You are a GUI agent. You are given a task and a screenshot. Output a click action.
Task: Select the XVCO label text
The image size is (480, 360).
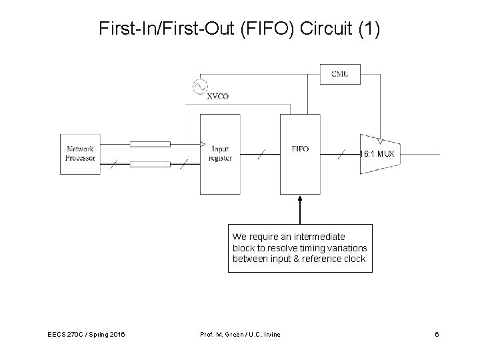pos(217,96)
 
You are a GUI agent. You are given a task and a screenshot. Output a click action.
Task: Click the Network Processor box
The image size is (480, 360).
pos(80,153)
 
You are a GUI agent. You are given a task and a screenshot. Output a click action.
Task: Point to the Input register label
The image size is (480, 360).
pos(221,153)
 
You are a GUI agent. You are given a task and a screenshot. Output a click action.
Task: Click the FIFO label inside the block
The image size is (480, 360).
pos(300,149)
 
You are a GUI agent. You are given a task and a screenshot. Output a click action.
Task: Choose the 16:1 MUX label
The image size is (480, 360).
pos(377,154)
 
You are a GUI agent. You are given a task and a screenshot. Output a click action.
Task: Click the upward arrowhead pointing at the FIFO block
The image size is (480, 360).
pos(300,199)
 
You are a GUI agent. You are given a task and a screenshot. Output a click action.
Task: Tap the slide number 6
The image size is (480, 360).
pos(436,333)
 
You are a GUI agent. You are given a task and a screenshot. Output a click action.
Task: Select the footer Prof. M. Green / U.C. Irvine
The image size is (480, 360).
pos(240,333)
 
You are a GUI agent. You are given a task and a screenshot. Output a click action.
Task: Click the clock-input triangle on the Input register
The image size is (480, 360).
pos(203,144)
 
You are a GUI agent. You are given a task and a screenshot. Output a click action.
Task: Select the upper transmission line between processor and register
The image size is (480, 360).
pos(149,144)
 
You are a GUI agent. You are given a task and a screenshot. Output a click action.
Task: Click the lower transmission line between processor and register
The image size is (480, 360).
pos(149,163)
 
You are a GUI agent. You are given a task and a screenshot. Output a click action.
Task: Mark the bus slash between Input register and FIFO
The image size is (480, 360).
pos(263,154)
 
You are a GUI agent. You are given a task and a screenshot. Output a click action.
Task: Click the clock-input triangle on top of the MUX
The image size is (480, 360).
pos(379,142)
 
